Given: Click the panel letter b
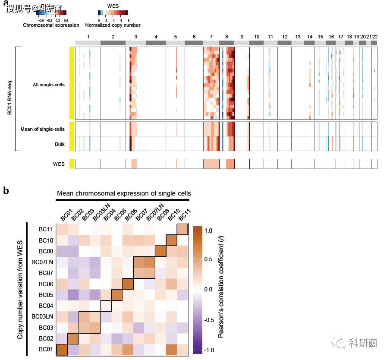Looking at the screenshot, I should tap(6, 190).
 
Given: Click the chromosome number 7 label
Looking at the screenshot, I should tap(211, 37).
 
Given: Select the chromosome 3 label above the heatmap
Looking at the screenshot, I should tap(136, 37).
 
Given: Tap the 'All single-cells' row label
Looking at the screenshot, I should tap(49, 85).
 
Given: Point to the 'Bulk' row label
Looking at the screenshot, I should tap(60, 144).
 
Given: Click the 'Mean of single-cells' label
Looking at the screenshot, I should tap(42, 129).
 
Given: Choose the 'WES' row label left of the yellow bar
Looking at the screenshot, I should tap(59, 164).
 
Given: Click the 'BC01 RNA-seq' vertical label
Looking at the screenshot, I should tap(9, 99).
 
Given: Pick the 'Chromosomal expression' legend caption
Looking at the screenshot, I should tap(51, 25).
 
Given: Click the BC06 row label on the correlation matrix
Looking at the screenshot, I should tap(45, 284).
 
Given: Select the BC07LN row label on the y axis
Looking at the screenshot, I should tap(42, 262).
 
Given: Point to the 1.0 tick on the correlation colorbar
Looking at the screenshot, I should tap(208, 231).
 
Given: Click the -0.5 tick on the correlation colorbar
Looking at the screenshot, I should tap(209, 320).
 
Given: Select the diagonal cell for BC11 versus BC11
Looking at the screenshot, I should tap(182, 229).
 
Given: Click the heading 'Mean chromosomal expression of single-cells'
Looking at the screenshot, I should tap(124, 193).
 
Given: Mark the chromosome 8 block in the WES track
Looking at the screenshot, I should tap(230, 164).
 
